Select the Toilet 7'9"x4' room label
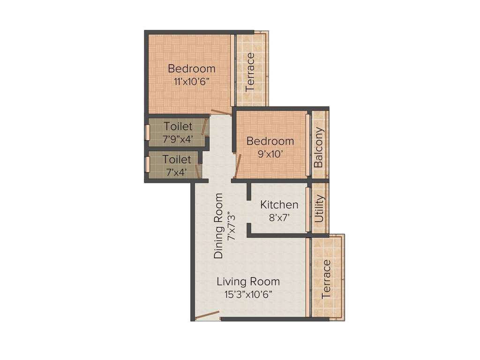coord(178,127)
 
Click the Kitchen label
coord(279,205)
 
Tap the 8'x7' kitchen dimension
coord(279,217)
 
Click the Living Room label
coord(248,282)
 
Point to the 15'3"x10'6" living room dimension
coord(248,294)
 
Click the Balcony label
coord(319,147)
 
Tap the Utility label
coord(320,208)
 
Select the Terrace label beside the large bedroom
coord(250,71)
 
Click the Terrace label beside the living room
coord(327,279)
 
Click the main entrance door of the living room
coord(207,315)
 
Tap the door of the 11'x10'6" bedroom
coord(221,112)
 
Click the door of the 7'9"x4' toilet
coord(204,127)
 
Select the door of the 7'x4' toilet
coord(198,171)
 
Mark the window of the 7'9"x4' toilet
coord(147,132)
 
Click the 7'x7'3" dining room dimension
coord(230,226)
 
